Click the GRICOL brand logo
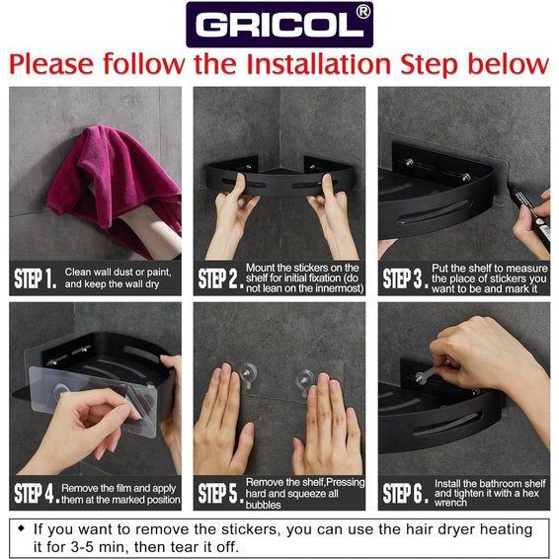pos(279,25)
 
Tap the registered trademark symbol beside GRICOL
pos(362,12)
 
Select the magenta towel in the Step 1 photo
pos(115,186)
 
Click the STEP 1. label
pos(36,279)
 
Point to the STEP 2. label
pos(220,279)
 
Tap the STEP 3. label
pos(406,279)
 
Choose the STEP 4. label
pos(37,494)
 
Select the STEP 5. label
pos(220,494)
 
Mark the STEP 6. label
pos(406,494)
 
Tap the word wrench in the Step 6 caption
pos(450,503)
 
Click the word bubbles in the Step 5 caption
pos(263,505)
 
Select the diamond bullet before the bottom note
pos(22,528)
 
